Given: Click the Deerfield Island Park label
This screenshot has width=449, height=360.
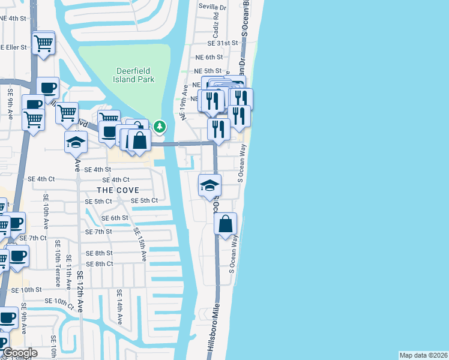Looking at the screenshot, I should pos(135,75).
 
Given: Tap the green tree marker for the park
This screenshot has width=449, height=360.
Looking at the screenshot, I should pos(159,126).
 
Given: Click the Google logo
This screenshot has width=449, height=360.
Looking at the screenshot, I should pos(19,353).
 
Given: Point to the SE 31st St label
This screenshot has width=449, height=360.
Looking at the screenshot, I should pos(223,43).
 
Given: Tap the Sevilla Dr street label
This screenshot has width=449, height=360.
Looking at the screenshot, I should pos(213,8).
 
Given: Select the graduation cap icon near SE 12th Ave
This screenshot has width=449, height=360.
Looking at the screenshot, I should pos(76,141).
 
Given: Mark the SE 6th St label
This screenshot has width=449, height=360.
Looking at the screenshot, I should pos(115,218).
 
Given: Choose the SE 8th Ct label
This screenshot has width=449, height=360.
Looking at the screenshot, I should pos(100,264).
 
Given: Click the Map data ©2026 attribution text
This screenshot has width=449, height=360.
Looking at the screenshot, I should pos(423,355).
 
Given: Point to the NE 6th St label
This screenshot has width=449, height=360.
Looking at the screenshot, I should pos(209,57).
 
